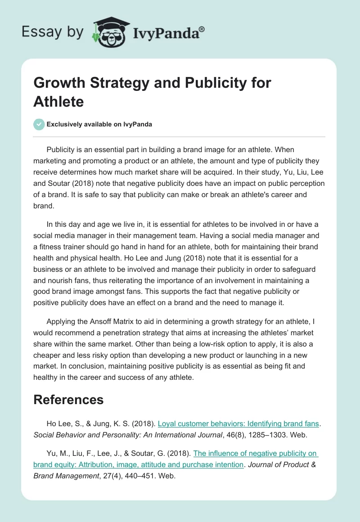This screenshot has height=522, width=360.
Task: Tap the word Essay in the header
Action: click(x=37, y=32)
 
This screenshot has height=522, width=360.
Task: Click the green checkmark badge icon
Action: click(x=39, y=124)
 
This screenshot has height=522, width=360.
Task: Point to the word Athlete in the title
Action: click(x=58, y=102)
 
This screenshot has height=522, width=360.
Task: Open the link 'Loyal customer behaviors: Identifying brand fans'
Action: click(x=238, y=423)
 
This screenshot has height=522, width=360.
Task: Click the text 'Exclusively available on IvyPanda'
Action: click(x=99, y=124)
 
